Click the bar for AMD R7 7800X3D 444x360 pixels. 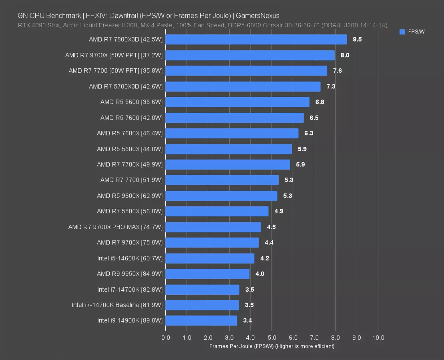coord(256,39)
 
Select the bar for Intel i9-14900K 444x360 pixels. coord(201,320)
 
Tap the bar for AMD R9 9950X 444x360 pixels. coord(207,274)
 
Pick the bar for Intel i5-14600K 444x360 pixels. coord(210,258)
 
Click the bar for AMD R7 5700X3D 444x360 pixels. coord(243,86)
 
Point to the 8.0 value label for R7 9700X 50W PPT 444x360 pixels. coord(345,55)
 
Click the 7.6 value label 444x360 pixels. coord(337,71)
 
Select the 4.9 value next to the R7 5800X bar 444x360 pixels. coord(279,211)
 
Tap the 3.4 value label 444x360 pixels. coord(247,320)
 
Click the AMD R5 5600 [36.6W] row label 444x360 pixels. coord(131,102)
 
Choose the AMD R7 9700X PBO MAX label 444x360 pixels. coord(115,227)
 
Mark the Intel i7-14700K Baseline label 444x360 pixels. coord(117,305)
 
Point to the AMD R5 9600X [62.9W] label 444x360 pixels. coord(129,196)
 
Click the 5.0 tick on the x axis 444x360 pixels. coord(271,338)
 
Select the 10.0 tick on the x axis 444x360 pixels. coord(378,338)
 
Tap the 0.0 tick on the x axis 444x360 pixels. coord(165,338)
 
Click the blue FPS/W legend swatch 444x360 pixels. coord(402,32)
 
